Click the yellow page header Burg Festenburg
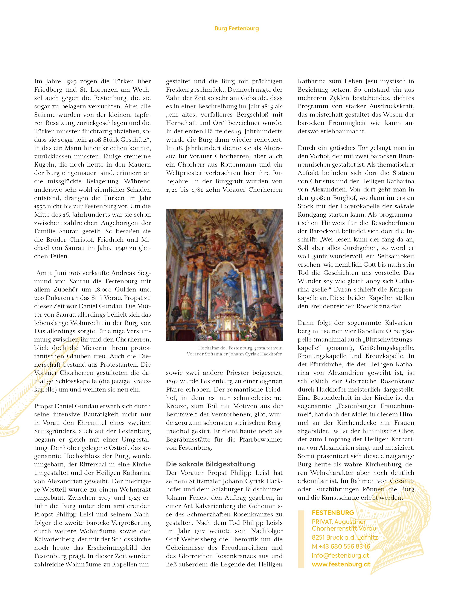click(236, 29)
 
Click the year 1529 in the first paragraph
click(72, 82)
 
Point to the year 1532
click(40, 206)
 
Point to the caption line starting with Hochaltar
click(240, 348)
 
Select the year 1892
click(172, 381)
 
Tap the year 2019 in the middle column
click(182, 423)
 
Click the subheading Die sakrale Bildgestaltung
click(210, 464)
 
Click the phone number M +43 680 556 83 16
click(341, 547)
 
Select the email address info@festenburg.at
click(340, 556)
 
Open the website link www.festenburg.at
click(341, 564)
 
